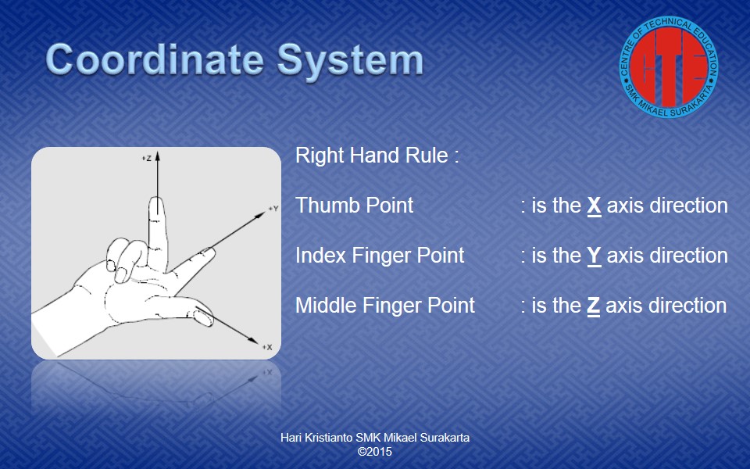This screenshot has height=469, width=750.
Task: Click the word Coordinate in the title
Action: (x=155, y=59)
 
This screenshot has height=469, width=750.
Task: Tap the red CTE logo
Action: (x=669, y=67)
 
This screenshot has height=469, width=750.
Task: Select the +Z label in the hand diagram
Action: (x=147, y=158)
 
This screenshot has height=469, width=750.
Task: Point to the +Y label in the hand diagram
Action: (x=273, y=209)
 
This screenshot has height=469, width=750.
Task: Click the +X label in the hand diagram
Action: (x=267, y=347)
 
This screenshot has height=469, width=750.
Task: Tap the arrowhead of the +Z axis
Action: (x=157, y=156)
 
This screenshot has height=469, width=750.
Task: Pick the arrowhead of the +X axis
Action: (x=253, y=339)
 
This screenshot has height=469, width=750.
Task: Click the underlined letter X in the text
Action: (x=594, y=206)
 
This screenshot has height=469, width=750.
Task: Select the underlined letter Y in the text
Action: (x=594, y=256)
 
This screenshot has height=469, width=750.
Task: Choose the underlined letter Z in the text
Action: (x=594, y=306)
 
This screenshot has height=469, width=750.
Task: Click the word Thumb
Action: (x=327, y=206)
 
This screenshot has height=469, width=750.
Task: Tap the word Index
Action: (x=320, y=255)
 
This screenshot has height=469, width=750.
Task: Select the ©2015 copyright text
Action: (x=375, y=452)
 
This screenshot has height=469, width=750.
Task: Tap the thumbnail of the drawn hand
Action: (x=156, y=252)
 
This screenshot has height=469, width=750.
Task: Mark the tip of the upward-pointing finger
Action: (x=157, y=198)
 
